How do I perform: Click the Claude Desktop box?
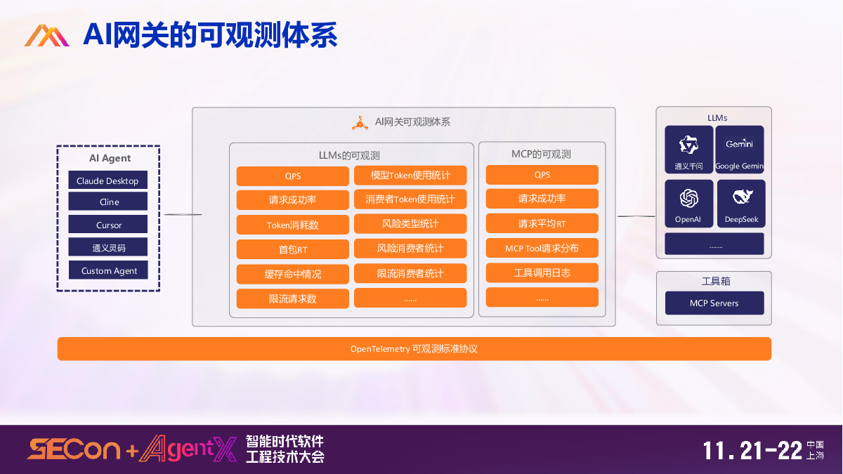click(x=107, y=180)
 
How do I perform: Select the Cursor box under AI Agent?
click(x=107, y=225)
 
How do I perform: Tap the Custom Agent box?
click(x=108, y=270)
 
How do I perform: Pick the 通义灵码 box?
click(x=107, y=247)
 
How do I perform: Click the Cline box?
click(x=107, y=202)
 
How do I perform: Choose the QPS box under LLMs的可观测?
click(x=292, y=176)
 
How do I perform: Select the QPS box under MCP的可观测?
click(x=542, y=175)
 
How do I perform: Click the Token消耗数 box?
click(x=292, y=225)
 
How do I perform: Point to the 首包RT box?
click(x=292, y=249)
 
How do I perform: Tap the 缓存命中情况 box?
click(x=292, y=274)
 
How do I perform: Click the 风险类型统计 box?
click(x=410, y=224)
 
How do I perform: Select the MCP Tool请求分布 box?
click(x=542, y=249)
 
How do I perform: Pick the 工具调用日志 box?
click(x=542, y=272)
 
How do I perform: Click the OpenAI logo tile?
click(x=688, y=203)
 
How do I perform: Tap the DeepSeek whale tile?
click(x=741, y=203)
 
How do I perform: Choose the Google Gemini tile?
click(x=739, y=150)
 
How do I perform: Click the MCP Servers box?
click(x=714, y=303)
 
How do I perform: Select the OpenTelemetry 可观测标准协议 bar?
click(x=414, y=348)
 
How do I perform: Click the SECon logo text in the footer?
click(x=74, y=449)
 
